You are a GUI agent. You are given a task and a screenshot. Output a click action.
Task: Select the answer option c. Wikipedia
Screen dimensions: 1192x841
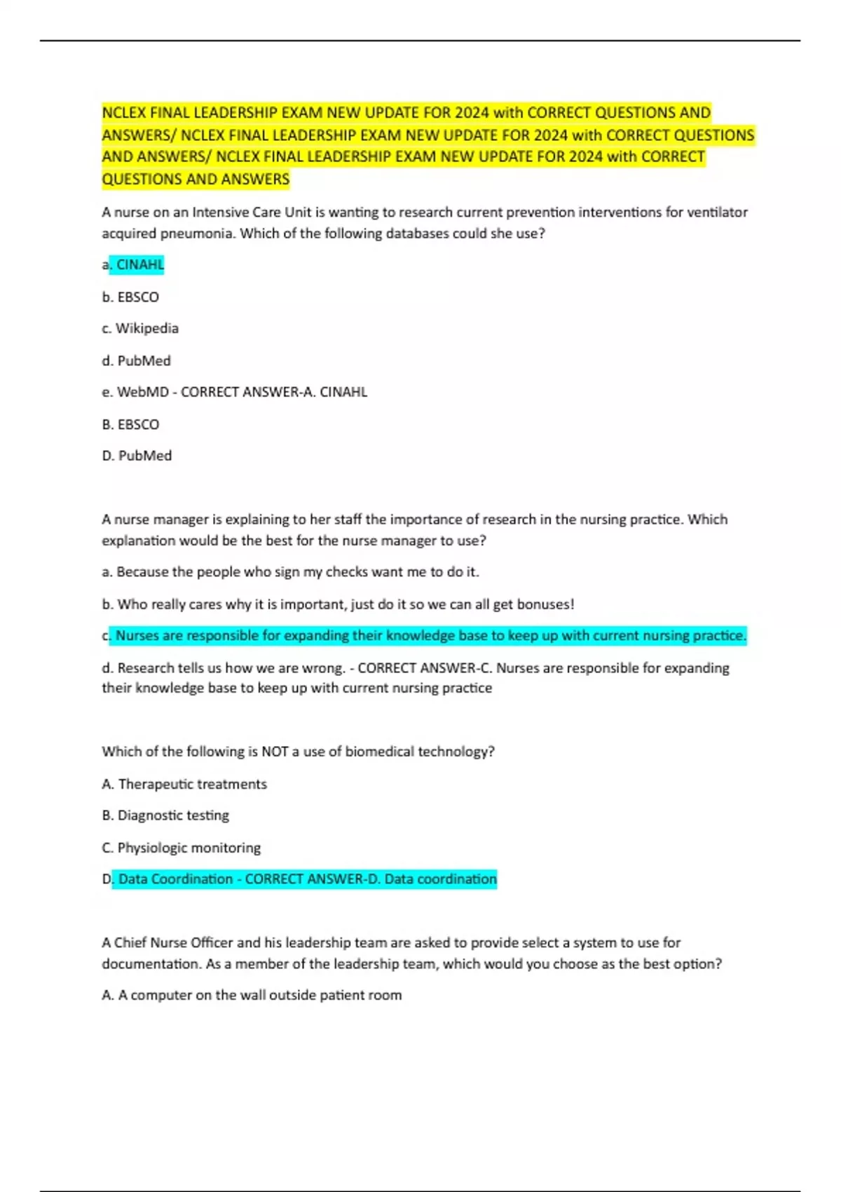coord(140,328)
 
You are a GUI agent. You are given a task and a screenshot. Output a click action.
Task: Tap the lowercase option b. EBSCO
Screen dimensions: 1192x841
coord(130,297)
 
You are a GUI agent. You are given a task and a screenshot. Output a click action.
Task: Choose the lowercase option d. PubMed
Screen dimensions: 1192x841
coord(136,360)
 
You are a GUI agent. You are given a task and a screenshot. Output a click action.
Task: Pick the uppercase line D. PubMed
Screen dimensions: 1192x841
coord(137,456)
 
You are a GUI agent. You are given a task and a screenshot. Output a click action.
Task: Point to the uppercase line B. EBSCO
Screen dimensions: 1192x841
coord(130,424)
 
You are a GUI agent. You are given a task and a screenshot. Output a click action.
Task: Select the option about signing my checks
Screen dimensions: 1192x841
coord(290,572)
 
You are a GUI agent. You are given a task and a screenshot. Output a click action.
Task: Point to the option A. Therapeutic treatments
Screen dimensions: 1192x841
coord(184,784)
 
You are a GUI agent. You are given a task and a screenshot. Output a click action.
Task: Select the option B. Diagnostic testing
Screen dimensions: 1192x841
coord(165,815)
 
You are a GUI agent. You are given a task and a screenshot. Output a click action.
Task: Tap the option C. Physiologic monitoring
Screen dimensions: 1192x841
coord(181,848)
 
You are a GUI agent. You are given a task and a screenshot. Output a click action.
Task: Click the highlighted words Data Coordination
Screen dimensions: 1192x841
coord(175,879)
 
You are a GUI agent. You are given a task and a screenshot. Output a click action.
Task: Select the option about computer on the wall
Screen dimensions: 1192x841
coord(252,995)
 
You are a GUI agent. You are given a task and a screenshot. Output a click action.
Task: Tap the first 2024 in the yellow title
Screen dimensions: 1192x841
coord(472,113)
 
